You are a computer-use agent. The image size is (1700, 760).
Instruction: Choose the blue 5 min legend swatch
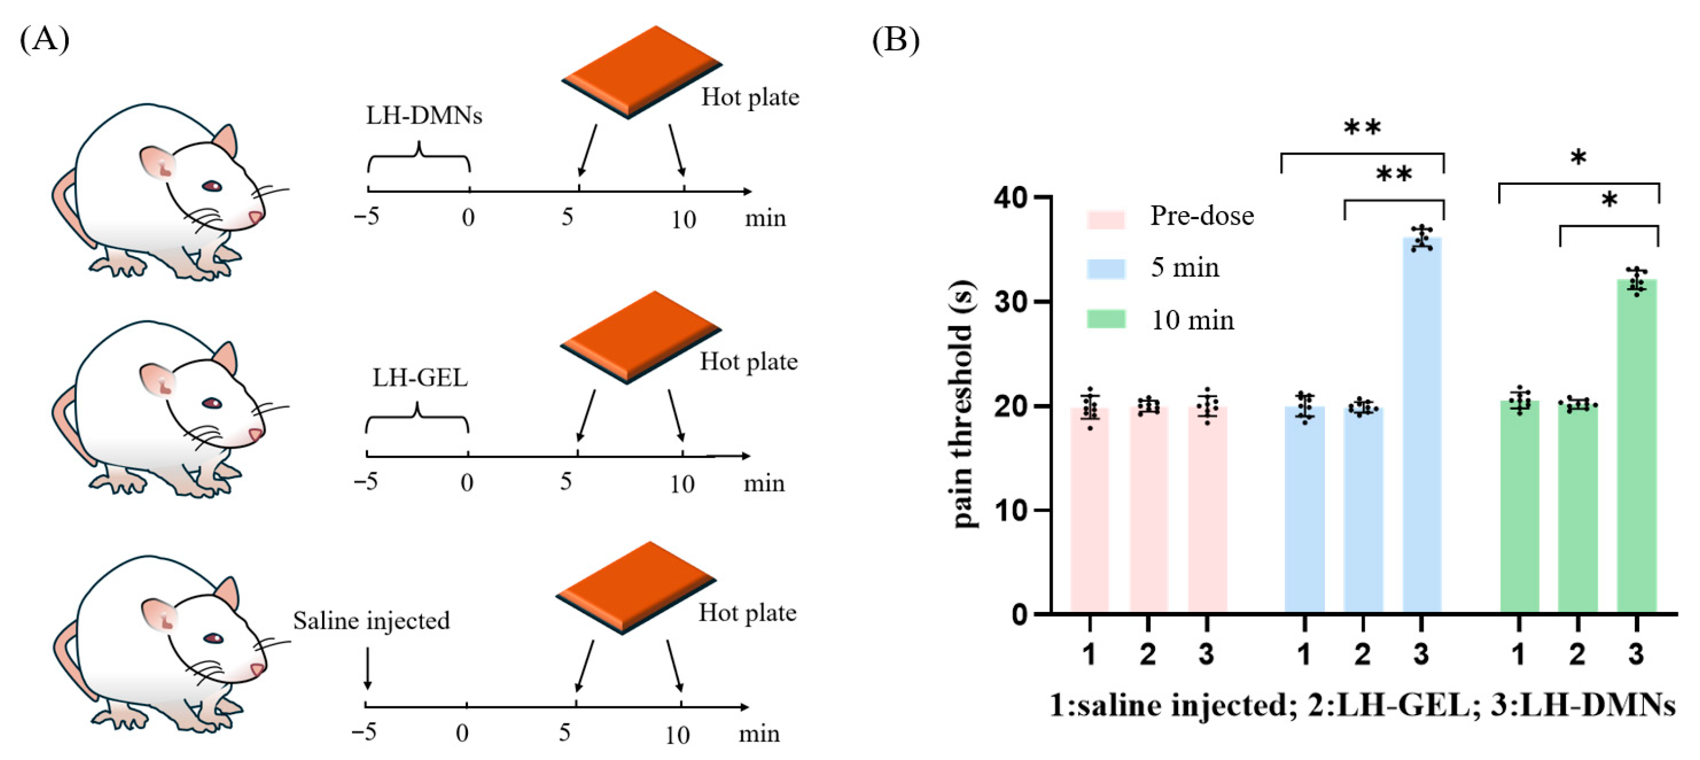pos(1105,269)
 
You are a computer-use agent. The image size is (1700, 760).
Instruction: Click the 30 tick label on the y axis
pos(1014,302)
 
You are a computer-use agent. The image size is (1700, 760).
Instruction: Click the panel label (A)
pos(44,39)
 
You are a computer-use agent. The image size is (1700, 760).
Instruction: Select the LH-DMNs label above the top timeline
pos(424,116)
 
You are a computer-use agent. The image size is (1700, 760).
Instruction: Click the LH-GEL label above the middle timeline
pos(420,378)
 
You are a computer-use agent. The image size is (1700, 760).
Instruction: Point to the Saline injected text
pos(371,621)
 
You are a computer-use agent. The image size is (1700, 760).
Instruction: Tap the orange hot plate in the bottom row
pos(636,587)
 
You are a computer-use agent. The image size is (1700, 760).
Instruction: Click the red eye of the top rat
pos(213,186)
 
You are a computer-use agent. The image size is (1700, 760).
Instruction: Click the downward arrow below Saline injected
pos(367,668)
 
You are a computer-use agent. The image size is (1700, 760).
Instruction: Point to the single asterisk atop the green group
pos(1578,158)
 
